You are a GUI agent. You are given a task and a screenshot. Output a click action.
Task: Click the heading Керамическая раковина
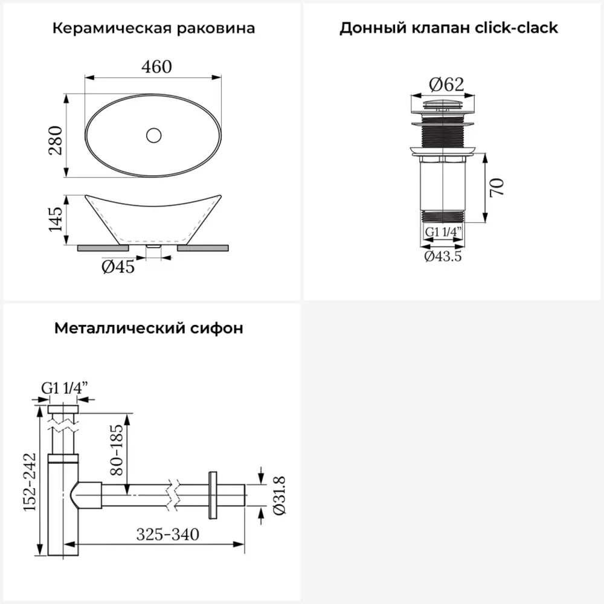[x=153, y=28]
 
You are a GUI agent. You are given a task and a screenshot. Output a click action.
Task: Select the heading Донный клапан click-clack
[x=448, y=28]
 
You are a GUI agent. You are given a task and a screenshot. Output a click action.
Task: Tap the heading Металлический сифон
[x=149, y=329]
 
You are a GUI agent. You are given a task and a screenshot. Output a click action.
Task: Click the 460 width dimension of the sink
[x=156, y=66]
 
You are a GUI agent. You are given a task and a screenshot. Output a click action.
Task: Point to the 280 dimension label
[x=56, y=140]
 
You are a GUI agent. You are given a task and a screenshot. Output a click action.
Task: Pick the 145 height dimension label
[x=56, y=219]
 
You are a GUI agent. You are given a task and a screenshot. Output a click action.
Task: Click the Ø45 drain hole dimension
[x=118, y=266]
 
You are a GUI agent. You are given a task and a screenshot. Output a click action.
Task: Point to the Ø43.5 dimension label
[x=443, y=256]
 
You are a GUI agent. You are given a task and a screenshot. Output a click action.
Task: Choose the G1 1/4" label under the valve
[x=443, y=232]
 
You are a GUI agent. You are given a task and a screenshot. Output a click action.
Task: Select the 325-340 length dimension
[x=167, y=534]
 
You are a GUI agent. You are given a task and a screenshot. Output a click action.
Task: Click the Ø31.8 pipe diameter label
[x=278, y=495]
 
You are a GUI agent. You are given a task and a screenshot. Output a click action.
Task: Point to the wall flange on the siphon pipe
[x=213, y=495]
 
